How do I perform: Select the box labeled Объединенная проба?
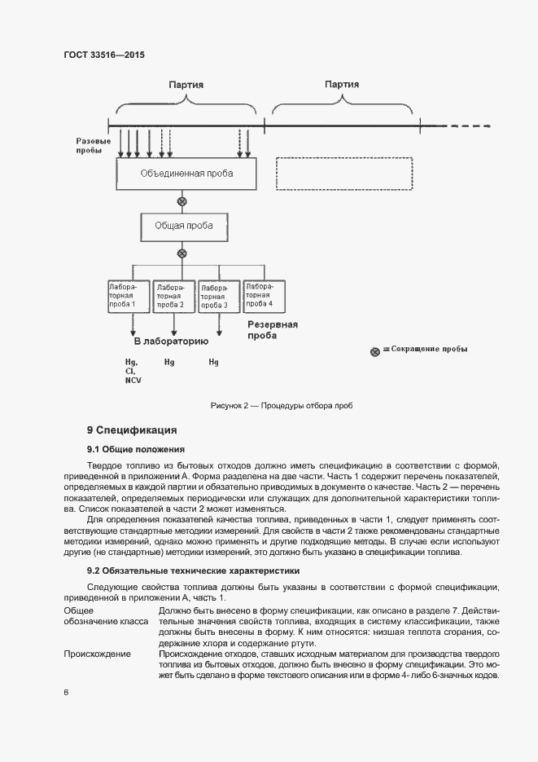186,174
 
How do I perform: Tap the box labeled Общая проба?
182,226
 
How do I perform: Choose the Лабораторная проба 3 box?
218,297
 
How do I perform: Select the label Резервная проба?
272,329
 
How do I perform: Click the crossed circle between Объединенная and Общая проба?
182,200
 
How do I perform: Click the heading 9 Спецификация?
131,429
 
